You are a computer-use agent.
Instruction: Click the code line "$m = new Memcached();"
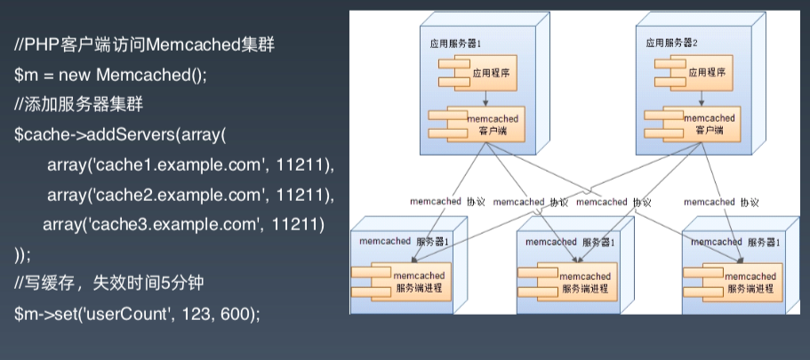110,74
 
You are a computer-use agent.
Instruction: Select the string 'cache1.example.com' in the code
143,166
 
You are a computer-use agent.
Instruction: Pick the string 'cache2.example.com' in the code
143,196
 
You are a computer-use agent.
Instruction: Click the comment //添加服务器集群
73,104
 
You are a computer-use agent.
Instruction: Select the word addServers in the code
131,135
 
